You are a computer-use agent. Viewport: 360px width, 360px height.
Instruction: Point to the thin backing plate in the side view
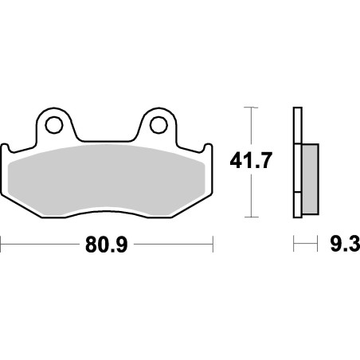tap(297, 163)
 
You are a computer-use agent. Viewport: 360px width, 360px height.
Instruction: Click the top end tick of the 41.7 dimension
tap(252, 107)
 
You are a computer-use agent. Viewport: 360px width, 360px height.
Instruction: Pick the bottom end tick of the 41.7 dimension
tap(252, 217)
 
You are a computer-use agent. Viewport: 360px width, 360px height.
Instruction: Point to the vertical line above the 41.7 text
tap(252, 127)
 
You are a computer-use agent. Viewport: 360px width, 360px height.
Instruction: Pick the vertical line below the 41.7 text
tap(252, 195)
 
